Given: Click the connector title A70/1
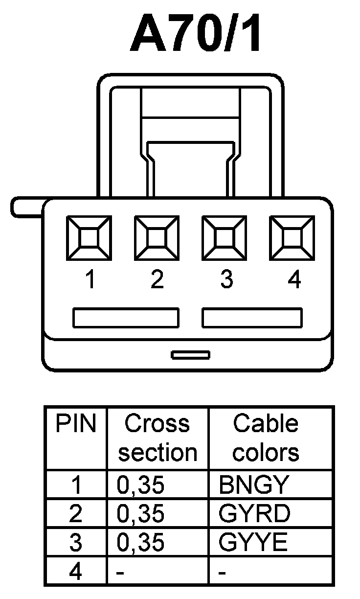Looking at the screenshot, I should click(x=196, y=34).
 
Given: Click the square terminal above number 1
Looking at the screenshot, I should click(x=89, y=238).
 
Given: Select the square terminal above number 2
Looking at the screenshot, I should click(x=157, y=238).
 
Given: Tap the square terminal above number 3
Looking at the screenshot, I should click(x=225, y=238).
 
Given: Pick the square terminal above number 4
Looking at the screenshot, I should click(x=292, y=238).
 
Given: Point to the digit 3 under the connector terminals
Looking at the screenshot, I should click(x=226, y=280).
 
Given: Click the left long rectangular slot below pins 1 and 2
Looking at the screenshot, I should click(x=126, y=318).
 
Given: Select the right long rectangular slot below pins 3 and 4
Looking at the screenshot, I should click(x=252, y=318).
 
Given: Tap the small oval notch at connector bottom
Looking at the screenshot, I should click(x=191, y=354).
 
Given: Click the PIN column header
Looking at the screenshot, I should click(x=76, y=424).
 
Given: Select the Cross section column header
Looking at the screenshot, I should click(x=157, y=438).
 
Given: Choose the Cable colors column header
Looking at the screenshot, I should click(x=266, y=438).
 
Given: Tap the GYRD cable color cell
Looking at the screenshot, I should click(x=254, y=513).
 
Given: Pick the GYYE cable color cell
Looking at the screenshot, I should click(x=253, y=542).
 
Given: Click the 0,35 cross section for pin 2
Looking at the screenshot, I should click(x=140, y=513).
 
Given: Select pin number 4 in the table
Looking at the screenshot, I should click(x=75, y=571).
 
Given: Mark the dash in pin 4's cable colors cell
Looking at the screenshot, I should click(x=223, y=572).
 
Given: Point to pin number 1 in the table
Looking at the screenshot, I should click(x=76, y=485).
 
